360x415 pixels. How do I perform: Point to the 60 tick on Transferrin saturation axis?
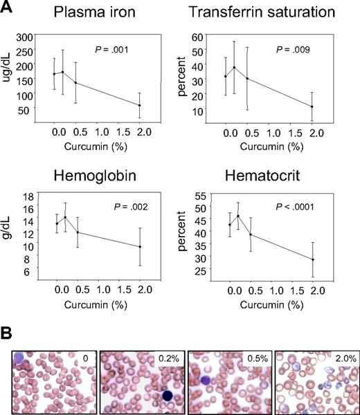point(215,37)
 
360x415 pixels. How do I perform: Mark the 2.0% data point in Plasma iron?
point(139,105)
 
